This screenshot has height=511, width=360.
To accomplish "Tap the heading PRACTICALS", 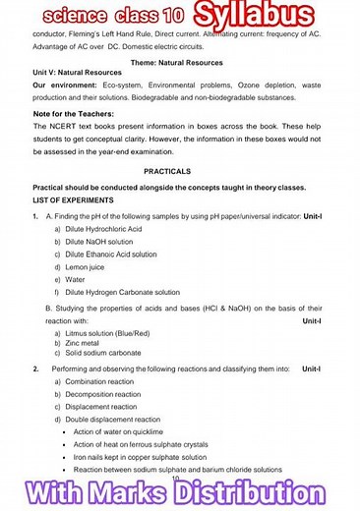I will point(179,169).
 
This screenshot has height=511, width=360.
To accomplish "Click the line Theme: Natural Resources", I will point(179,62).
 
